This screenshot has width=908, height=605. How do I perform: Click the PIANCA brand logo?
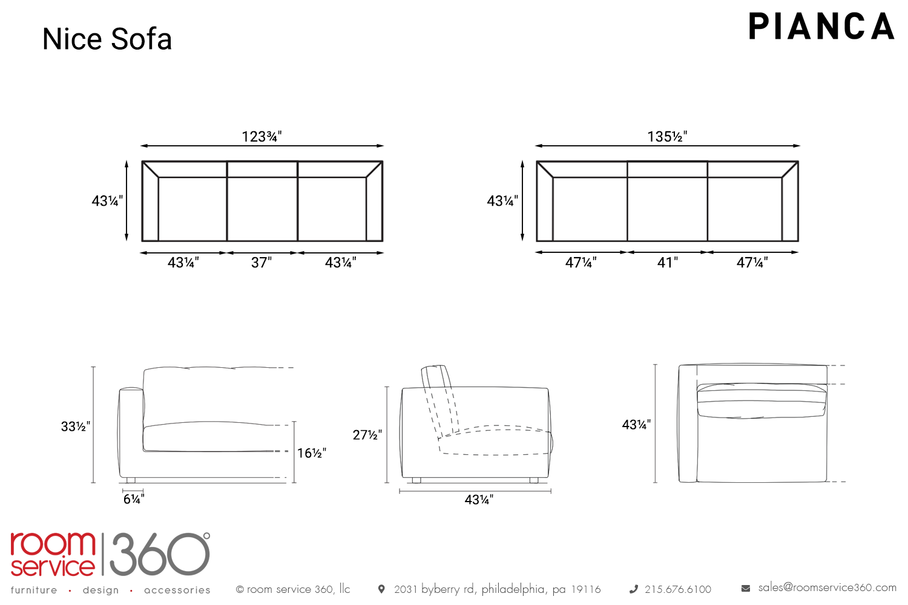(821, 27)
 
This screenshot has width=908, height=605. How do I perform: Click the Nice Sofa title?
(107, 39)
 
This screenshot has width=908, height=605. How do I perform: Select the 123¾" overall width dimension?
(262, 137)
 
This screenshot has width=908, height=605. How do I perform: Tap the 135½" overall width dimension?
(667, 137)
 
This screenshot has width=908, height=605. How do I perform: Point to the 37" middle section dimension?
(262, 263)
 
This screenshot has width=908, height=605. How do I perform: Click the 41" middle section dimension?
(667, 263)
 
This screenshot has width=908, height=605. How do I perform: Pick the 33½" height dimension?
(76, 427)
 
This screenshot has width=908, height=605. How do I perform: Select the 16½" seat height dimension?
(311, 453)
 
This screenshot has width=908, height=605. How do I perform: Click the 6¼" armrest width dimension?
(134, 499)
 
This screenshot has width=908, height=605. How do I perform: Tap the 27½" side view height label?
(367, 435)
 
